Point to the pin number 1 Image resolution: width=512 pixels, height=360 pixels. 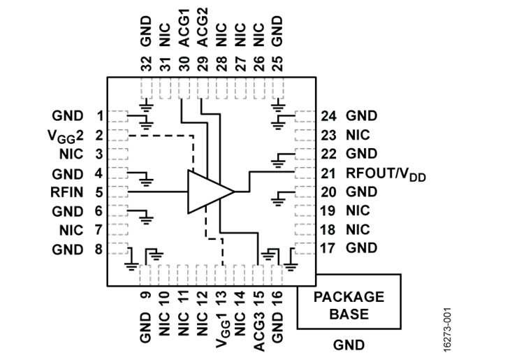click(x=100, y=115)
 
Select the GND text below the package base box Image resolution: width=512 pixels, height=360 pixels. click(x=349, y=344)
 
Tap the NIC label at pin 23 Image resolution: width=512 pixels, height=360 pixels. click(x=358, y=135)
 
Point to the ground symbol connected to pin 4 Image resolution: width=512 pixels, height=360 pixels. click(x=146, y=180)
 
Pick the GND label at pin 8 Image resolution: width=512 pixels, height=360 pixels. click(x=68, y=248)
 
